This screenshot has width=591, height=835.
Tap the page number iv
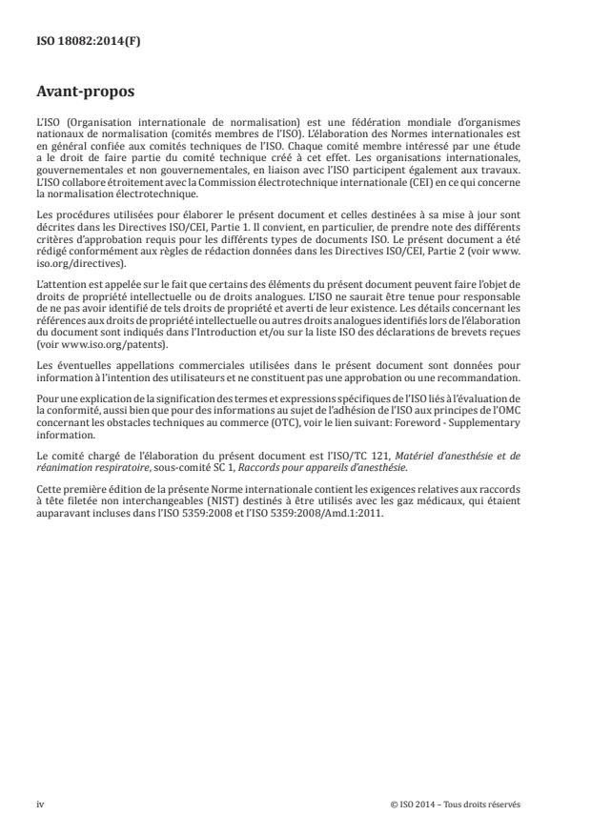[41, 804]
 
